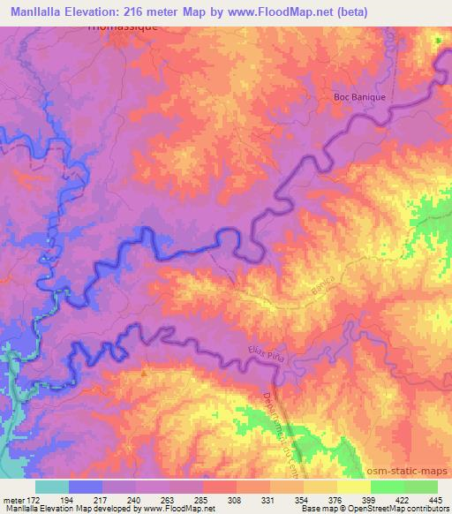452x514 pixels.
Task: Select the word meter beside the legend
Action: click(x=11, y=499)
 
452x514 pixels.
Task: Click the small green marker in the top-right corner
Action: click(x=437, y=41)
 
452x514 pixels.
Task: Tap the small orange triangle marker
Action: click(x=145, y=374)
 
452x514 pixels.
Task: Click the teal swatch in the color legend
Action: click(x=52, y=487)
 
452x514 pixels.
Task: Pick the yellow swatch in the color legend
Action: click(x=353, y=487)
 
